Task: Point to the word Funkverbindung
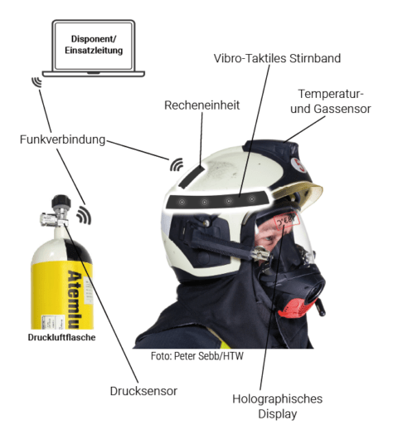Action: point(62,139)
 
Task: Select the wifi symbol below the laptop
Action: point(36,82)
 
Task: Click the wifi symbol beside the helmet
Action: point(177,163)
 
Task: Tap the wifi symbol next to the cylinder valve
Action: point(83,216)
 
